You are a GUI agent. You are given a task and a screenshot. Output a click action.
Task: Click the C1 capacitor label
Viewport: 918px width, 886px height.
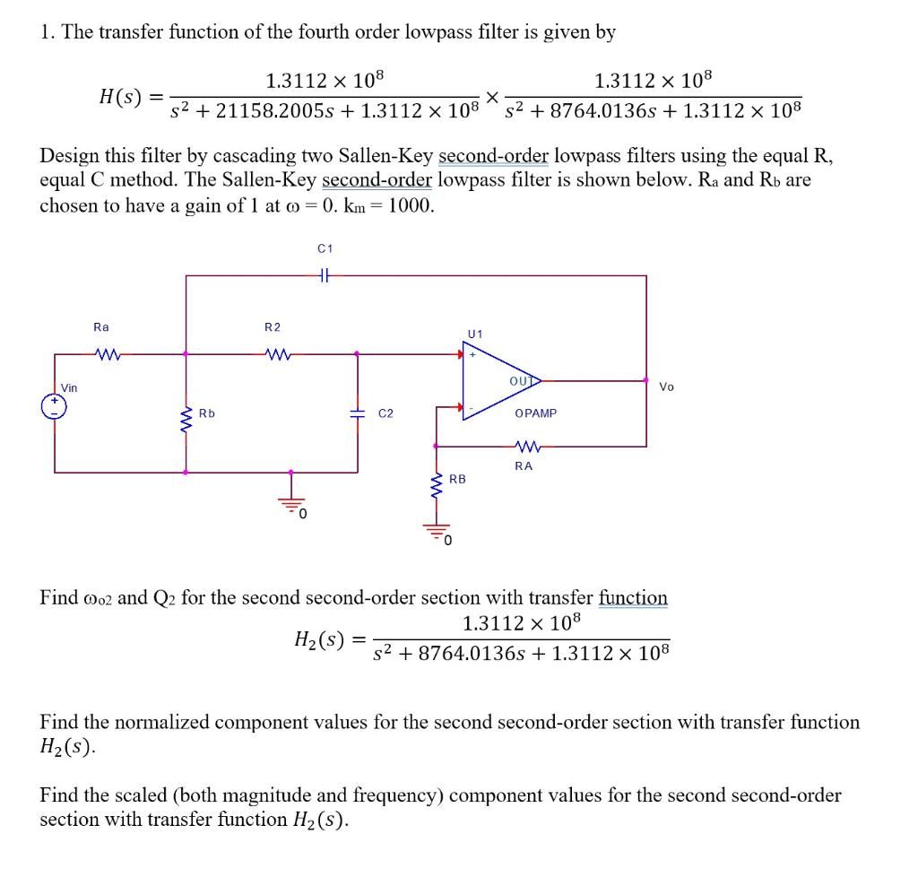[x=325, y=248]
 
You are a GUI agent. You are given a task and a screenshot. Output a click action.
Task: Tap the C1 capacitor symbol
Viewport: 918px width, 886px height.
[x=325, y=276]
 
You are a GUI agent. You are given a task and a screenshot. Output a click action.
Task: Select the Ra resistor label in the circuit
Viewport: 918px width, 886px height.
[x=101, y=327]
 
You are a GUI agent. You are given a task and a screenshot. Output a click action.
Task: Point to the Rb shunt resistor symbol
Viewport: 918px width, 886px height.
[x=186, y=416]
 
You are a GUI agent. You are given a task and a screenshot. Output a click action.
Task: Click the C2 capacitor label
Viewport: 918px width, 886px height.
[x=386, y=413]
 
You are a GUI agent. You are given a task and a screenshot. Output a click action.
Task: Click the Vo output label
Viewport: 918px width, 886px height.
[x=666, y=387]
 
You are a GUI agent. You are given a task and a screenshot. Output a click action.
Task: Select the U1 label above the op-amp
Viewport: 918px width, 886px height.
[x=474, y=334]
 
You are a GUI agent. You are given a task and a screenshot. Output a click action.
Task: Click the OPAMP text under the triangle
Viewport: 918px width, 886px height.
[x=535, y=413]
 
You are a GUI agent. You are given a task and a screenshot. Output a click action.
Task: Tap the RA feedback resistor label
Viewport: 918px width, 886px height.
[x=524, y=465]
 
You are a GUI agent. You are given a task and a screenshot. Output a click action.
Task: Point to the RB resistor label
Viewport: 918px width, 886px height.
[x=457, y=480]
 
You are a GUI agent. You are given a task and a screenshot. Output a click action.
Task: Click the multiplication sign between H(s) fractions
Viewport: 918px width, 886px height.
[x=491, y=96]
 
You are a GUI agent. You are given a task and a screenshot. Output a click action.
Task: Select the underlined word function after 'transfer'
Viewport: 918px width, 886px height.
[x=633, y=597]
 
